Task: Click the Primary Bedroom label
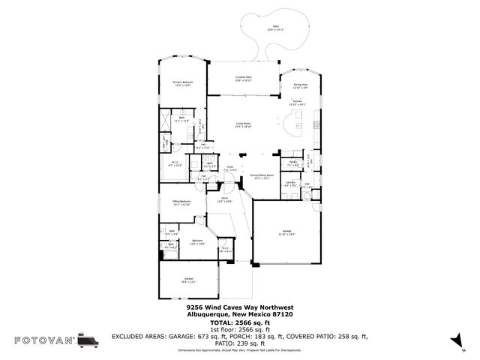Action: click(183, 84)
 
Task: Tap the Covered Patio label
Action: click(243, 78)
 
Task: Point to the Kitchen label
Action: click(296, 102)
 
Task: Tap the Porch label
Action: click(224, 200)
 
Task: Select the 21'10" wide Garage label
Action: click(286, 232)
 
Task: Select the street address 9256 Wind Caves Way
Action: click(239, 307)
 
